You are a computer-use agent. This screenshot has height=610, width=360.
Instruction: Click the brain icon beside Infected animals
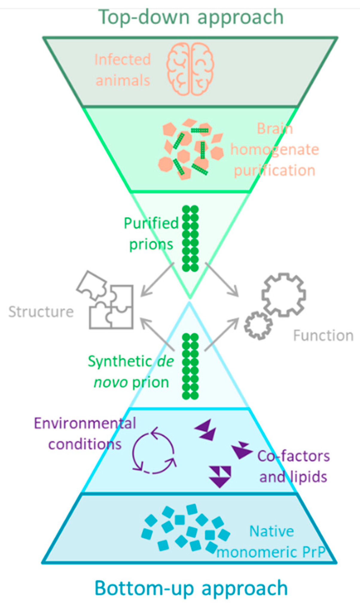tap(190, 69)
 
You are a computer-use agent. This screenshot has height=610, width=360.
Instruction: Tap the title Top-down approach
tap(191, 17)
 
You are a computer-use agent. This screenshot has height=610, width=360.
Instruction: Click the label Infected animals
tap(123, 70)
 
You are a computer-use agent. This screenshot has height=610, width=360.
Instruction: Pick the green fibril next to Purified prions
tap(190, 238)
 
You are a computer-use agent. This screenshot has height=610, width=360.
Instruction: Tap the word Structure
tap(41, 312)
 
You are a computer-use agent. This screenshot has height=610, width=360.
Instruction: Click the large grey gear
tap(283, 294)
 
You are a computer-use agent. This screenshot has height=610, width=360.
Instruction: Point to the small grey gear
tap(258, 325)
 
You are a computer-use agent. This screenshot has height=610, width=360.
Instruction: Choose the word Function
tap(323, 335)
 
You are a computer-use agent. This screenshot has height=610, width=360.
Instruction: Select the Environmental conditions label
tap(85, 434)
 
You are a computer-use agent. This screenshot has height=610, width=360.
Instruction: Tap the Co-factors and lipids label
tap(294, 466)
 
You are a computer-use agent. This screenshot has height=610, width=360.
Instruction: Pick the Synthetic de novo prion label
tap(131, 372)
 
